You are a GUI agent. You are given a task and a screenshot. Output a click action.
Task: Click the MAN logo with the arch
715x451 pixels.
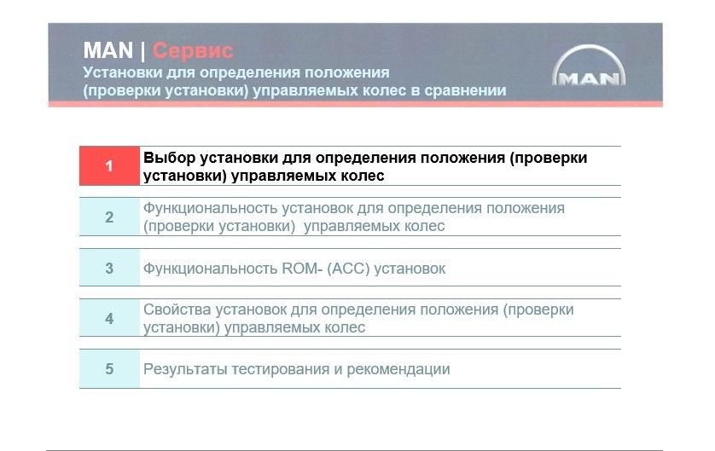(x=589, y=66)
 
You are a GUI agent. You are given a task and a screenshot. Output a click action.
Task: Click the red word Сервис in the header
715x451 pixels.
(x=193, y=50)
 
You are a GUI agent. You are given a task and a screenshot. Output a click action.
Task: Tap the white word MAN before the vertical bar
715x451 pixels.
(x=108, y=50)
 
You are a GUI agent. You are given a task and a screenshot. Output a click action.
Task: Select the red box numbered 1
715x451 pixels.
(x=109, y=166)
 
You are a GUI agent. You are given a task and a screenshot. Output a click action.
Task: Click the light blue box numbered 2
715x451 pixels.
(x=109, y=217)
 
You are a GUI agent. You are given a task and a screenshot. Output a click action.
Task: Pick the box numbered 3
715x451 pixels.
(x=109, y=268)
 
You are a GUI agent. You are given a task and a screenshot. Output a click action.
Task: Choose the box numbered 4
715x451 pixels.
(x=109, y=318)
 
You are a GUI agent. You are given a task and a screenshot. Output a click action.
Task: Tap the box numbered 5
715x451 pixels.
(x=109, y=368)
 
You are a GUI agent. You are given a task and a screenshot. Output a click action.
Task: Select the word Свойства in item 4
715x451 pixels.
(x=177, y=309)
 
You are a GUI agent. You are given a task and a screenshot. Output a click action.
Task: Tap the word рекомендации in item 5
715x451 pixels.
(x=398, y=369)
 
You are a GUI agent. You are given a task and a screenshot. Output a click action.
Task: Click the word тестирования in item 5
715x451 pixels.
(x=281, y=369)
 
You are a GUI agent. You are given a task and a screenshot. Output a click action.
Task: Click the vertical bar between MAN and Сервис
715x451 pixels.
(x=142, y=51)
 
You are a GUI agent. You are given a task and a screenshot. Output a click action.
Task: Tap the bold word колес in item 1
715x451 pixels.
(x=363, y=176)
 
